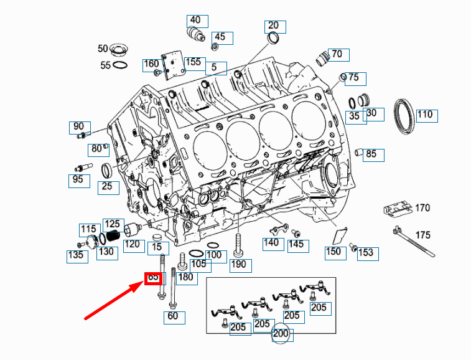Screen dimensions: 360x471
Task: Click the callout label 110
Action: [x=425, y=115]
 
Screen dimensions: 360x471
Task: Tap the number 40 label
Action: [x=195, y=20]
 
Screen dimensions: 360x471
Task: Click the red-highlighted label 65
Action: [x=153, y=277]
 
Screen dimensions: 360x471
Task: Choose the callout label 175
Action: [x=422, y=235]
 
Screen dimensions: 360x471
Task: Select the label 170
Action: [x=422, y=207]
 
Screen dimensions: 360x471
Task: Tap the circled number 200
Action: [x=280, y=334]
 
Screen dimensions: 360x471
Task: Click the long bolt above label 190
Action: [x=238, y=244]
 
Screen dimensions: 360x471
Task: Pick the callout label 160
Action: [x=152, y=64]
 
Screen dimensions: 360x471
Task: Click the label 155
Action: [x=194, y=62]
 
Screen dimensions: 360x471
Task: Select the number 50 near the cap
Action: [x=103, y=49]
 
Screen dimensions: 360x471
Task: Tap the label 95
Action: [x=78, y=181]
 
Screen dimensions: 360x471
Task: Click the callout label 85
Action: [x=371, y=154]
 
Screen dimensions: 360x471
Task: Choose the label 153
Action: [x=366, y=252]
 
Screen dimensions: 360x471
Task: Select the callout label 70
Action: [x=337, y=54]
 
